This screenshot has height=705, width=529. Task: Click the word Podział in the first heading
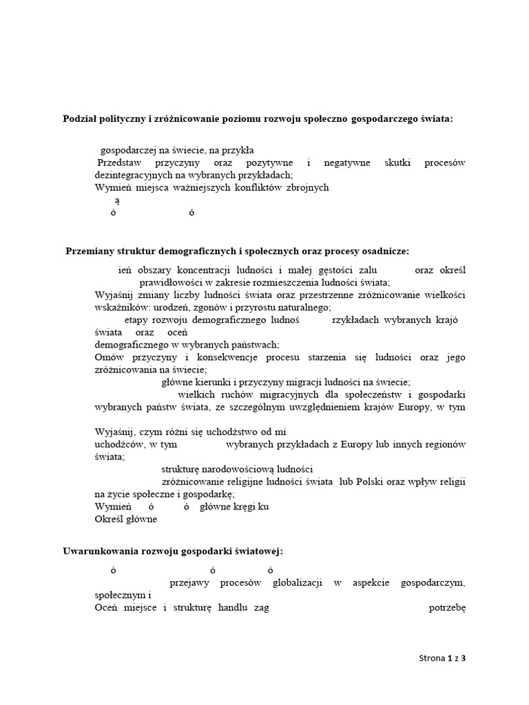(82, 119)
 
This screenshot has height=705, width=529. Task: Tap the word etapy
(137, 320)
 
